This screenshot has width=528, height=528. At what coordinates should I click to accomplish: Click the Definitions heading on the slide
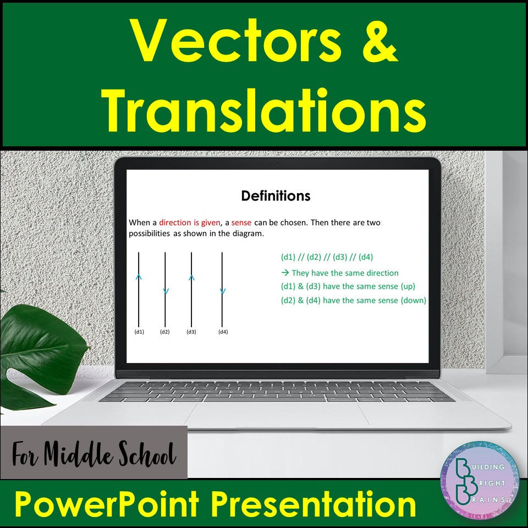pyautogui.click(x=276, y=196)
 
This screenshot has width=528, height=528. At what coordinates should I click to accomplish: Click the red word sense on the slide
pyautogui.click(x=241, y=223)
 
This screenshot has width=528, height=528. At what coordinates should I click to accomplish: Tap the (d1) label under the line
pyautogui.click(x=139, y=332)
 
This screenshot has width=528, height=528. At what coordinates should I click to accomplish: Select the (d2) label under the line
pyautogui.click(x=165, y=332)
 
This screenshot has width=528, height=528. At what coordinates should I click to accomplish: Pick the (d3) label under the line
pyautogui.click(x=191, y=332)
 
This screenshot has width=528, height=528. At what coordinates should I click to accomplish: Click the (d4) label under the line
pyautogui.click(x=222, y=332)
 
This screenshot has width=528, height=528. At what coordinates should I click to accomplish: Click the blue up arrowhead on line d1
pyautogui.click(x=139, y=277)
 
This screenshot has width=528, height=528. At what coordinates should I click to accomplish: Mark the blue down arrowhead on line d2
pyautogui.click(x=166, y=291)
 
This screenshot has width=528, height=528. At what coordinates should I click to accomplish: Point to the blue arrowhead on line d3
pyautogui.click(x=191, y=277)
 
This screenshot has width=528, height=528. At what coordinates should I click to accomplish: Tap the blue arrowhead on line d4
pyautogui.click(x=222, y=291)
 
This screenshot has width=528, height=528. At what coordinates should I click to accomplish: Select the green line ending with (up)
pyautogui.click(x=348, y=286)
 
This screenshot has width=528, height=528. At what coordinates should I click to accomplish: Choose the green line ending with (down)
pyautogui.click(x=353, y=300)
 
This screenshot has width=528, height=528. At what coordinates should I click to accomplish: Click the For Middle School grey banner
pyautogui.click(x=94, y=452)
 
